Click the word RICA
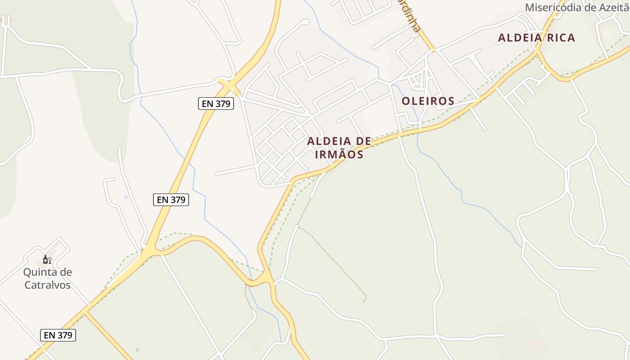click(x=561, y=38)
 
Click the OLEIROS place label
click(x=428, y=101)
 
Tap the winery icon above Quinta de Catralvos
click(x=47, y=260)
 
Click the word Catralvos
click(x=47, y=285)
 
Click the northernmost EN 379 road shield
click(x=216, y=103)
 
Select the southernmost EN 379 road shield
click(x=58, y=335)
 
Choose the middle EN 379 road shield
click(x=171, y=200)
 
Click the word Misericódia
click(x=554, y=8)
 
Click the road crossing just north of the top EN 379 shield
click(x=229, y=84)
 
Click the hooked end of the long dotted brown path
click(x=364, y=299)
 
